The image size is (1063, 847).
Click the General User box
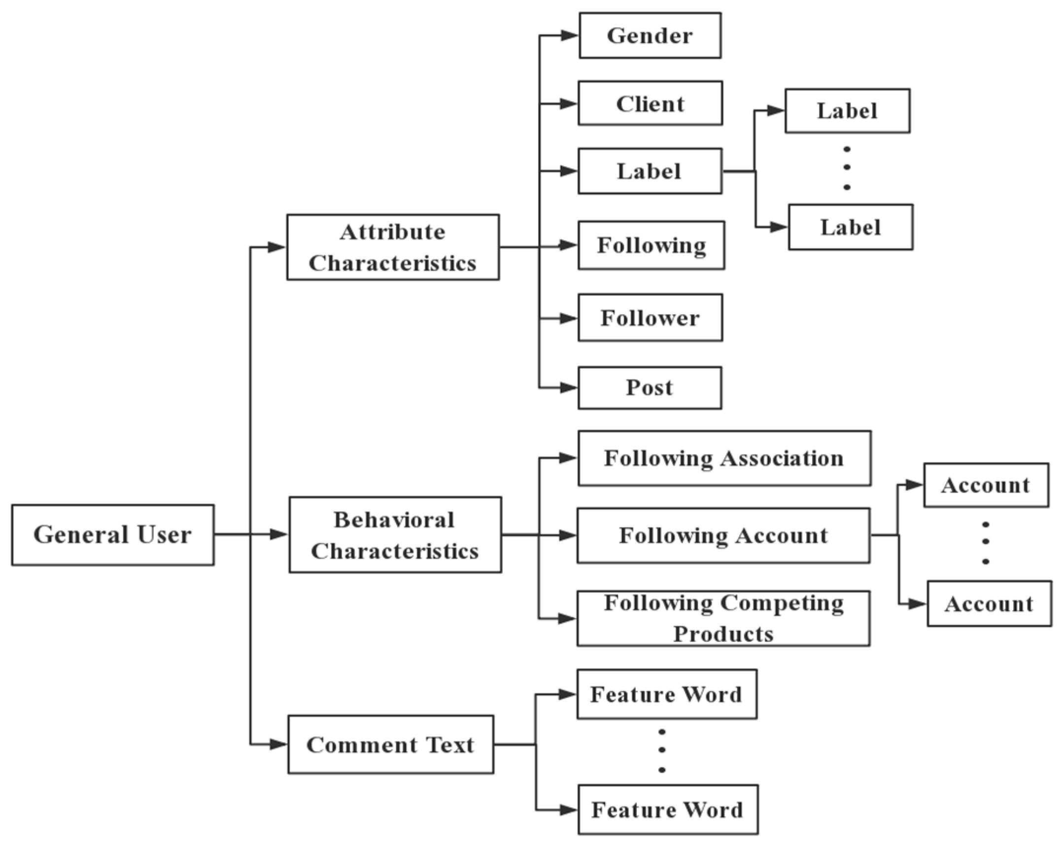[x=113, y=535]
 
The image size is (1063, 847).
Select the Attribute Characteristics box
[x=393, y=247]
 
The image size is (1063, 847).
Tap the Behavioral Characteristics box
[x=395, y=535]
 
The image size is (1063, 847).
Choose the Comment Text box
[x=390, y=744]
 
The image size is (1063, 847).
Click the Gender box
[x=650, y=35]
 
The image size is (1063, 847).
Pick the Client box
[x=650, y=104]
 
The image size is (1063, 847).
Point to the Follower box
[x=650, y=318]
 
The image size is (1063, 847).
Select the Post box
[x=650, y=388]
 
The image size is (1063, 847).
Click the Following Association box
[x=724, y=459]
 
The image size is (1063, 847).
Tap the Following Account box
[x=723, y=535]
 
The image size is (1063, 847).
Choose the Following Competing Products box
[x=723, y=618]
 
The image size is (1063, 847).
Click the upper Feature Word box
[x=667, y=694]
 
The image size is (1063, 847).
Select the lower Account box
[x=989, y=604]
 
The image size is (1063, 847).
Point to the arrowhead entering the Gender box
[x=570, y=35]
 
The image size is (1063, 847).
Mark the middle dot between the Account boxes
[x=986, y=542]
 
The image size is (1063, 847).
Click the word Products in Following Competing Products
[x=723, y=635]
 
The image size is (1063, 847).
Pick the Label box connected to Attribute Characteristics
[x=650, y=171]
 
